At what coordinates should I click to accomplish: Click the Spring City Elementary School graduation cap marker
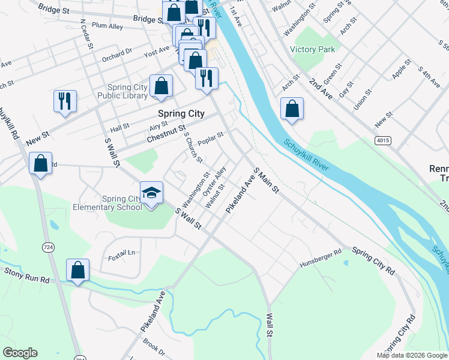point(151,193)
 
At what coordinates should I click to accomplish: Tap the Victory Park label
point(312,50)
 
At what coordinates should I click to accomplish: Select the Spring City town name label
point(181,113)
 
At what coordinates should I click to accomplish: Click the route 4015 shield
point(382,140)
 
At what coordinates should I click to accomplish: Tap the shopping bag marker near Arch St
point(292,109)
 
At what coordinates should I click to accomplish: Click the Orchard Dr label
point(116,56)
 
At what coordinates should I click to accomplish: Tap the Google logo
point(20,353)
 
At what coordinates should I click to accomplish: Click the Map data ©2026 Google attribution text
point(411,355)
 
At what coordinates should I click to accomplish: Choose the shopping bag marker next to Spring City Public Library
point(161,86)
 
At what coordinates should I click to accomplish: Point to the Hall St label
point(120,127)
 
